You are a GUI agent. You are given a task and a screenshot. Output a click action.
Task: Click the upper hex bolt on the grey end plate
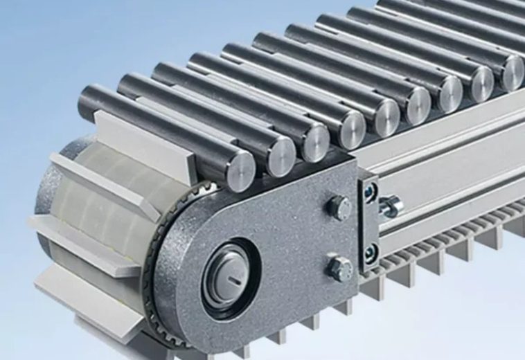click(x=339, y=208)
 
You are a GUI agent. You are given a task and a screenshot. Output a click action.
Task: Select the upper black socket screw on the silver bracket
click(x=370, y=195)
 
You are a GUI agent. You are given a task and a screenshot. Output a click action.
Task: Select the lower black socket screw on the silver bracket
click(x=371, y=252)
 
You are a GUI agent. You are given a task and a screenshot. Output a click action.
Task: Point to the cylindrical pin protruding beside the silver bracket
click(x=391, y=205)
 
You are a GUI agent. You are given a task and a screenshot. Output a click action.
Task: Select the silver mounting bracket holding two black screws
click(x=369, y=222)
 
